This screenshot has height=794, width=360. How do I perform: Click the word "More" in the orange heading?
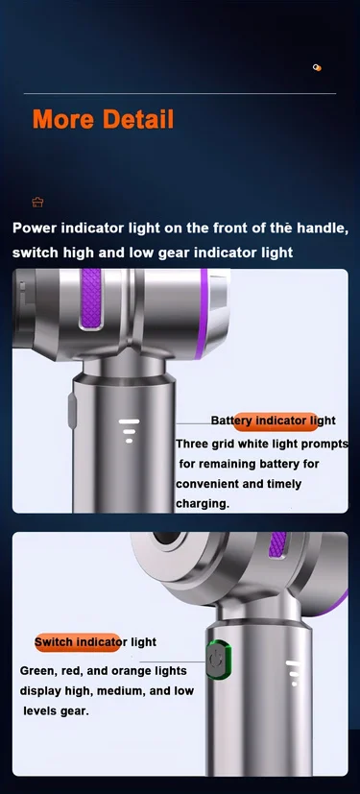click(63, 119)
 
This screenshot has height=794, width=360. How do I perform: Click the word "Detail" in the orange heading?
click(137, 119)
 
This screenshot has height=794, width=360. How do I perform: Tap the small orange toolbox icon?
click(37, 202)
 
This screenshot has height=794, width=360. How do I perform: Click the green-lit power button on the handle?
click(219, 660)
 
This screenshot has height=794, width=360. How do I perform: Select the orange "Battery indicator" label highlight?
click(276, 421)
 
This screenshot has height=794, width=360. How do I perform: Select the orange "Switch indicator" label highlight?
click(78, 642)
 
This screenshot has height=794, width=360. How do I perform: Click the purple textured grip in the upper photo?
click(91, 298)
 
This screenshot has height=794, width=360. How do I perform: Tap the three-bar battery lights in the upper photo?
click(129, 430)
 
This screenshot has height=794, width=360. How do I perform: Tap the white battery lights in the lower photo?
click(294, 673)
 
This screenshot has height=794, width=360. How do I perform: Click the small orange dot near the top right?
click(317, 67)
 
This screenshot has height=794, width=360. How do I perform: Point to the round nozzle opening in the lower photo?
click(167, 538)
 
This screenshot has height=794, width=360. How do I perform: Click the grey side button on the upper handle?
click(72, 411)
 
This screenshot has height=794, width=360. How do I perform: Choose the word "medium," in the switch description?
click(125, 691)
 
